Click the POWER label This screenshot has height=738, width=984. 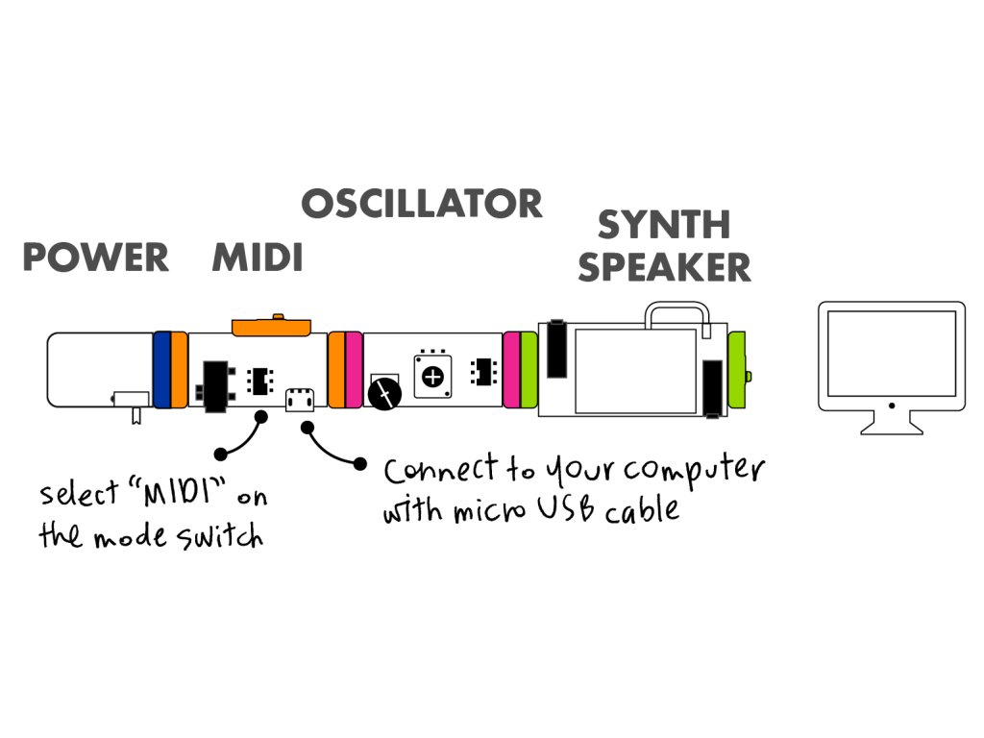[x=95, y=258]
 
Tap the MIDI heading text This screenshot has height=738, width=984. [x=258, y=258]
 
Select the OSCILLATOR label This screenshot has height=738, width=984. [x=422, y=204]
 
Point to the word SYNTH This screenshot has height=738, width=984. [x=664, y=225]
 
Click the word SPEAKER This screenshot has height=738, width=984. [x=664, y=267]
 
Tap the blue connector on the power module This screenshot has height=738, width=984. [x=161, y=369]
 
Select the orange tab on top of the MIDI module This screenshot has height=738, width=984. [x=270, y=327]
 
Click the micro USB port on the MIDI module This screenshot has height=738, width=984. [x=300, y=397]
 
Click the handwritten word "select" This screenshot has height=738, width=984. [x=76, y=495]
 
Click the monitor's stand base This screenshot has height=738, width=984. [x=891, y=426]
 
